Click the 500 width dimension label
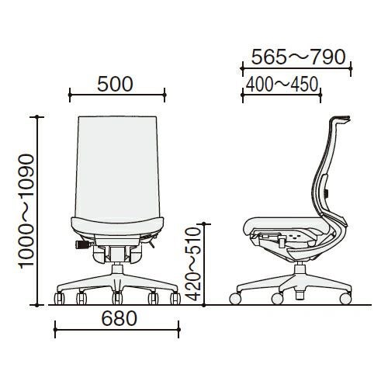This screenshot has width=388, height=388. pos(115,85)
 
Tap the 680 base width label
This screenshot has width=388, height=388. pos(120,318)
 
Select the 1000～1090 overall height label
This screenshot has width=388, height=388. pos(27,210)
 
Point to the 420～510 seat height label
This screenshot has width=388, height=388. pos(194,265)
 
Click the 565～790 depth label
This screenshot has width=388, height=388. pos(299,57)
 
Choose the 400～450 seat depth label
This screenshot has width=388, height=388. pos(282,85)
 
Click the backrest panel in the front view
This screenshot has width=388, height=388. pos(117,169)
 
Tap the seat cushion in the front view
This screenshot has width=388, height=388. pos(117,226)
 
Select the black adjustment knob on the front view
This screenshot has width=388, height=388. pos(82,244)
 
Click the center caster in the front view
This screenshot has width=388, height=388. pos(117,298)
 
